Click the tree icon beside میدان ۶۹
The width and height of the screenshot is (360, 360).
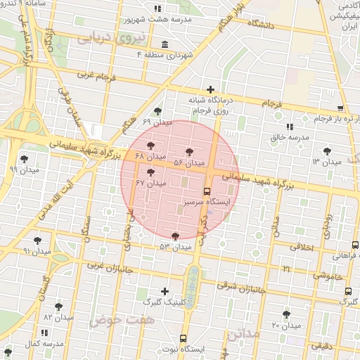[x=157, y=111]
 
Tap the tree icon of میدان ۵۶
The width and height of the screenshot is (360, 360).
[x=189, y=152]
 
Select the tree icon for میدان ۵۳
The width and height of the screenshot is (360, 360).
[x=174, y=236]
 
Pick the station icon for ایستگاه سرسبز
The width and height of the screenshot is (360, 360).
[x=207, y=191]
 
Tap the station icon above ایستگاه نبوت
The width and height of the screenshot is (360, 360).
[x=184, y=338]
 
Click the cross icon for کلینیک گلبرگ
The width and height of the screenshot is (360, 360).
[x=165, y=290]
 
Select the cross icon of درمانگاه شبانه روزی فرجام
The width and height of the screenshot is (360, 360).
[x=210, y=89]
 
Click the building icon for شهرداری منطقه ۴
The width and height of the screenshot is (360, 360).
[x=165, y=44]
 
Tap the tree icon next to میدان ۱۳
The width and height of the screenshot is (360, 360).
[x=327, y=151]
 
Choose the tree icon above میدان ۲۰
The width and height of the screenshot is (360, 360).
[x=285, y=314]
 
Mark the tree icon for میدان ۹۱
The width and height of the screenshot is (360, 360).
[x=37, y=240]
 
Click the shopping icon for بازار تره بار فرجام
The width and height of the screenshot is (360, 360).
[x=340, y=108]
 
